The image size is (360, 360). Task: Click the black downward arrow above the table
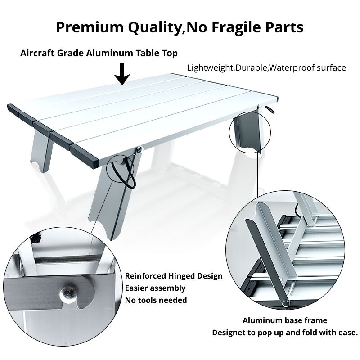[122, 73]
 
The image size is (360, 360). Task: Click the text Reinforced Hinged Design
[174, 276]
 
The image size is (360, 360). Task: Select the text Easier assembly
[155, 288]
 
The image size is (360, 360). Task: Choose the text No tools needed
[156, 300]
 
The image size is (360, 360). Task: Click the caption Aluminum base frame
[285, 321]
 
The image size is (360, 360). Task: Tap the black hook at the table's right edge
[270, 110]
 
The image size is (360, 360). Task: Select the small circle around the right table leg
[245, 135]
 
